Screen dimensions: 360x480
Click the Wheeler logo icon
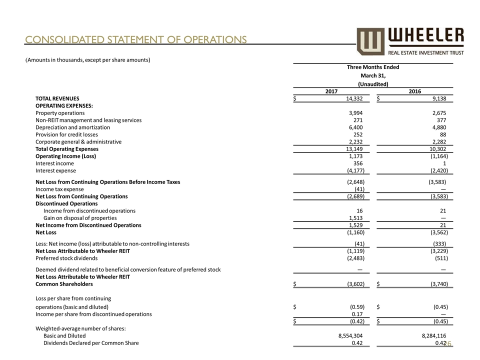[371, 40]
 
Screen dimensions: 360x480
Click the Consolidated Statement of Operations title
[136, 39]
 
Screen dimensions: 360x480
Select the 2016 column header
[414, 91]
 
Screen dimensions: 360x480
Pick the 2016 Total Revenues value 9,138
[437, 99]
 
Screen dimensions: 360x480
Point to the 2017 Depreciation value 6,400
[355, 127]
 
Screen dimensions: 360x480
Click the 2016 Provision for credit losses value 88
[441, 134]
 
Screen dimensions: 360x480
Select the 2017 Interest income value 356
[358, 163]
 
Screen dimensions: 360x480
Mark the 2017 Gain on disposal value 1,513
[355, 218]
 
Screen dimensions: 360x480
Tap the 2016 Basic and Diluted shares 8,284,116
[427, 336]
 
